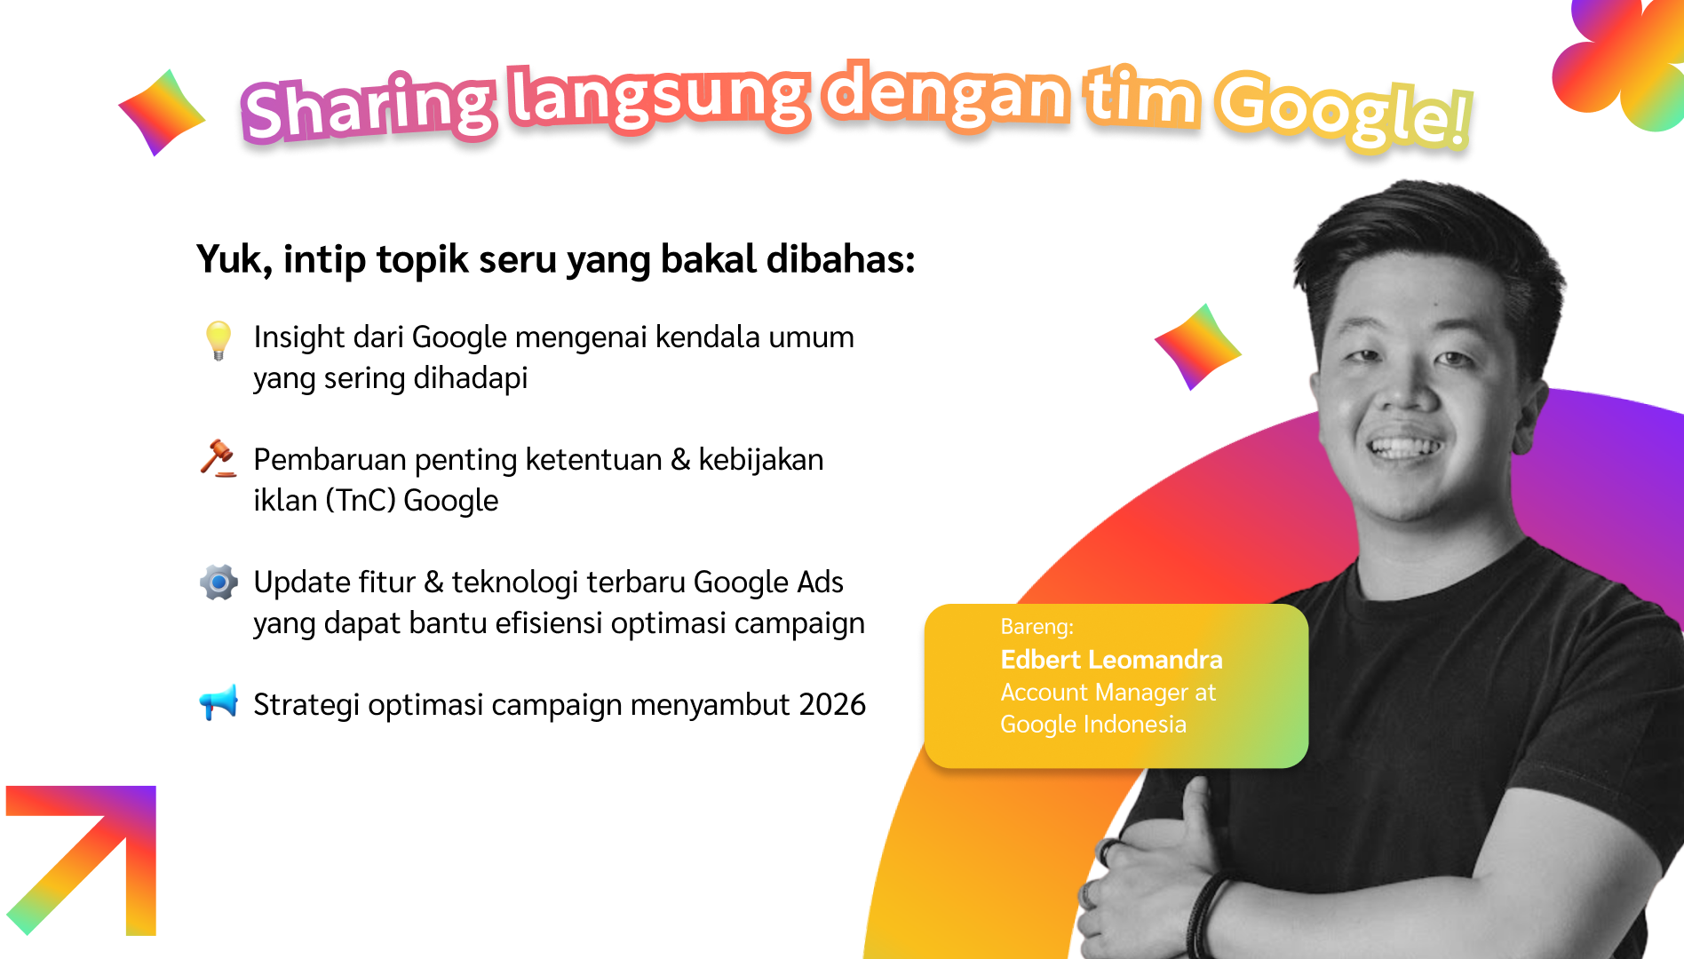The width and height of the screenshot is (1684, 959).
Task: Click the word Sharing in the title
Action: tap(368, 108)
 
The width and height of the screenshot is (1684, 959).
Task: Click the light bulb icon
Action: tap(218, 340)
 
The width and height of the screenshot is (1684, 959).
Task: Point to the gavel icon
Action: tap(218, 458)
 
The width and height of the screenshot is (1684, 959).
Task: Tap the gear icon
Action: tap(218, 583)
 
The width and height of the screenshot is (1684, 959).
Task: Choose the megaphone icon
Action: tap(218, 701)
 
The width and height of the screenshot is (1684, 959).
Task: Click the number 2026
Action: tap(832, 704)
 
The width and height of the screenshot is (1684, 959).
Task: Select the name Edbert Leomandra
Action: tap(1111, 660)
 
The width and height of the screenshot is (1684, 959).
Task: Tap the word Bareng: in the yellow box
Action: tap(1037, 627)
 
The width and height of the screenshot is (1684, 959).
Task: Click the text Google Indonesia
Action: tap(1092, 725)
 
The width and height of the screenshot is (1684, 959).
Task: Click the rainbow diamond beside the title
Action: tap(162, 113)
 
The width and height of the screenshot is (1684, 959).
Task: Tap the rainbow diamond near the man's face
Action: tap(1197, 347)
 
